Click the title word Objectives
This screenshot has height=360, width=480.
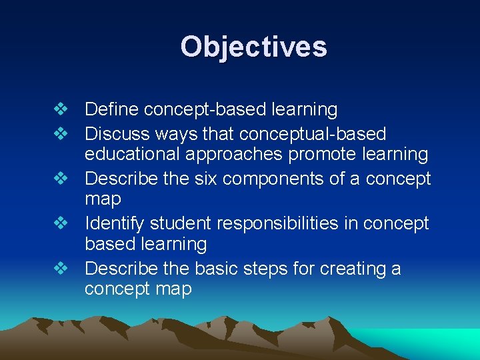click(x=253, y=47)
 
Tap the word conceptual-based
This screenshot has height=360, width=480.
click(x=313, y=134)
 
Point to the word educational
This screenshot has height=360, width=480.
click(x=134, y=155)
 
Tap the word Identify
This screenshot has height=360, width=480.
click(x=115, y=223)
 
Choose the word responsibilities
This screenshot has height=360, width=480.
click(x=277, y=223)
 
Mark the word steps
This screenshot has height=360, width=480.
click(x=250, y=269)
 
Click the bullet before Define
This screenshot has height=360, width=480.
click(x=61, y=109)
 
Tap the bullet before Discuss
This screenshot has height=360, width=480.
click(x=61, y=134)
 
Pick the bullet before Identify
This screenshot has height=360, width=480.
click(x=61, y=223)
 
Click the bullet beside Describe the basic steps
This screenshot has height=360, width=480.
click(x=61, y=268)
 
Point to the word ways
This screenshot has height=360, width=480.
click(x=177, y=135)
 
